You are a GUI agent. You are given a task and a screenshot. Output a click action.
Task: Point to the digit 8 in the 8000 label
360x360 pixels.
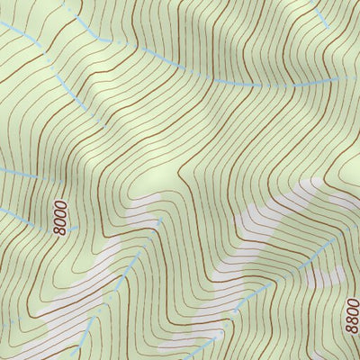[x=60, y=230]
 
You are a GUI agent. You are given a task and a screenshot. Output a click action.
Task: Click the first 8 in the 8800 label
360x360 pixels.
[x=351, y=328]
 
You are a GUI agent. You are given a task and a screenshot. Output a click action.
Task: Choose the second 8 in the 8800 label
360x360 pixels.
[x=351, y=319]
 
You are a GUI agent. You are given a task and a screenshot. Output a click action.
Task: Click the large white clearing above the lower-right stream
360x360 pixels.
[x=270, y=216]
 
